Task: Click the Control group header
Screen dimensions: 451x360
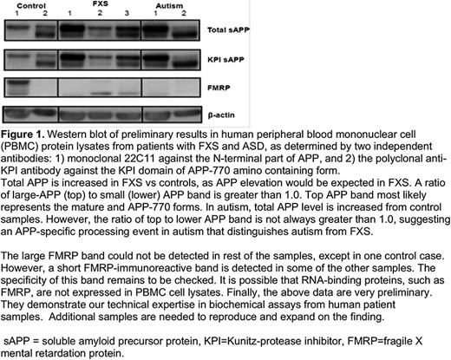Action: [31, 5]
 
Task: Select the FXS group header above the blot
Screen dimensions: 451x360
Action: [101, 3]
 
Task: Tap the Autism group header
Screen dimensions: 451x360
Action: [169, 5]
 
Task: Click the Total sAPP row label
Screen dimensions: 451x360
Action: [228, 29]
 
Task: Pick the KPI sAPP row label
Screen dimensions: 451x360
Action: [225, 60]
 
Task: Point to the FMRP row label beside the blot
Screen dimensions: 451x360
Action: [219, 88]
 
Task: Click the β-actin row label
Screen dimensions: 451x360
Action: [221, 115]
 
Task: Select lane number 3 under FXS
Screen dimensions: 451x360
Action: [127, 13]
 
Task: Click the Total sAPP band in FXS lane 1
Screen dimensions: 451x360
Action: [71, 29]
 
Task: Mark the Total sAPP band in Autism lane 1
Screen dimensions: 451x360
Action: [155, 29]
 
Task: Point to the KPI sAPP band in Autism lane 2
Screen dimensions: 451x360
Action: [183, 63]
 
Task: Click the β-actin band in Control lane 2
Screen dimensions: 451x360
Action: [44, 112]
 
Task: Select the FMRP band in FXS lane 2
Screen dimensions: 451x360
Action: [101, 94]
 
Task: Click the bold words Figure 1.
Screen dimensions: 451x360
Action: [23, 134]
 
